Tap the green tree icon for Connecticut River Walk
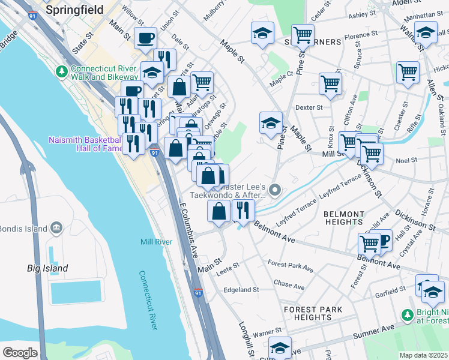point(61,71)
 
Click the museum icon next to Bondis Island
point(56,228)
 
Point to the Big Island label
point(47,268)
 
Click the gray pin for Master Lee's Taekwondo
point(276,191)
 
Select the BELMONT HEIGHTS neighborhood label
point(343,218)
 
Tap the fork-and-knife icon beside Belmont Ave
point(243,210)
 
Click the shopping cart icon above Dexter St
point(330,83)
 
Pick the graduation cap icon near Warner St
point(280,347)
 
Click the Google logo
point(20,352)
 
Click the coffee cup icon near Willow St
point(145,38)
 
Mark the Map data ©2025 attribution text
point(424,355)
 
